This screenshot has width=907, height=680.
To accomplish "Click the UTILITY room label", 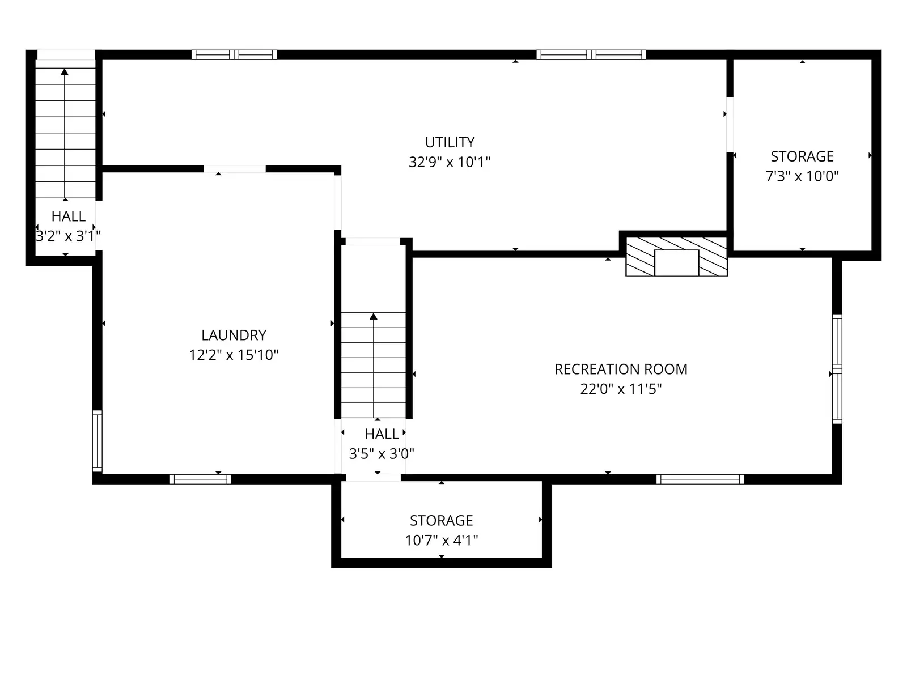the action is click(450, 142).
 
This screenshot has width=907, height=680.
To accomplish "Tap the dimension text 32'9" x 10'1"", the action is click(450, 162).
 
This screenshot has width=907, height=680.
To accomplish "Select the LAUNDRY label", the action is click(234, 335).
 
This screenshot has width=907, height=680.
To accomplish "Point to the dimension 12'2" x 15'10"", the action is click(234, 355).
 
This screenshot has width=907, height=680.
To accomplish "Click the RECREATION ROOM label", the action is click(621, 369).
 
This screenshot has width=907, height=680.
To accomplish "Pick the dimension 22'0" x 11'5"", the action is click(621, 389).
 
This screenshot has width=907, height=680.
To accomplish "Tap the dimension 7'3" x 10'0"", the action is click(803, 176).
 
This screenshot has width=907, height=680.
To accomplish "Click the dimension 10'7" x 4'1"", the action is click(441, 540).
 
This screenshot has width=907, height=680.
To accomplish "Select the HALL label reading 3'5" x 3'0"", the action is click(382, 434).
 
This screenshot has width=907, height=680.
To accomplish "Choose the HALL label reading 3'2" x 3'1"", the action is click(68, 216).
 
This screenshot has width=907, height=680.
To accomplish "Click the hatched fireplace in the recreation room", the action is click(676, 256).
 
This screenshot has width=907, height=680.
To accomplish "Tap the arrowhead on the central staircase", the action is click(374, 316).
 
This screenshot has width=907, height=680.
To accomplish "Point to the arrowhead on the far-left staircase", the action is click(65, 72).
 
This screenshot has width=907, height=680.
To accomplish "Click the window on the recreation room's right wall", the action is click(837, 369).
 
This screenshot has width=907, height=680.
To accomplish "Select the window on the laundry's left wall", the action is click(97, 441).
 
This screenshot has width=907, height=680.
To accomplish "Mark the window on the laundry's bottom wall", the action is click(201, 479).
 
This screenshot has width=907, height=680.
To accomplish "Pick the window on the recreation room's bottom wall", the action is click(700, 479).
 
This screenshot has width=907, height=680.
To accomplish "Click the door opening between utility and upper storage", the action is click(730, 125).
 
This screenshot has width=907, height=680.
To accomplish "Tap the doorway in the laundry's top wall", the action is click(235, 169).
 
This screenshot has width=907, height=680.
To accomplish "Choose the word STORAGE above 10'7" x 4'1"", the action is click(441, 521).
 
